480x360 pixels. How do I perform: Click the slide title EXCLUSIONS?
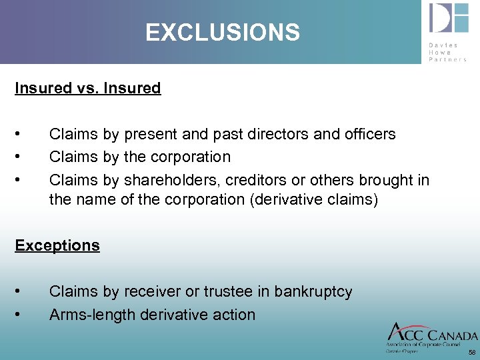tap(223, 32)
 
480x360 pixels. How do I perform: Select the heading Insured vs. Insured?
tap(88, 88)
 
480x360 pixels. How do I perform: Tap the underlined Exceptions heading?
tap(57, 245)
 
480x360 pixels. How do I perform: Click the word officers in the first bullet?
tap(369, 134)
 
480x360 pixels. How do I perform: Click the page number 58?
tap(472, 352)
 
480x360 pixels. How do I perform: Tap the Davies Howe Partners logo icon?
tap(448, 19)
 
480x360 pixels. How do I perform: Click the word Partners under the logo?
tap(448, 59)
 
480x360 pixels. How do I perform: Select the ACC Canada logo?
tap(432, 337)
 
